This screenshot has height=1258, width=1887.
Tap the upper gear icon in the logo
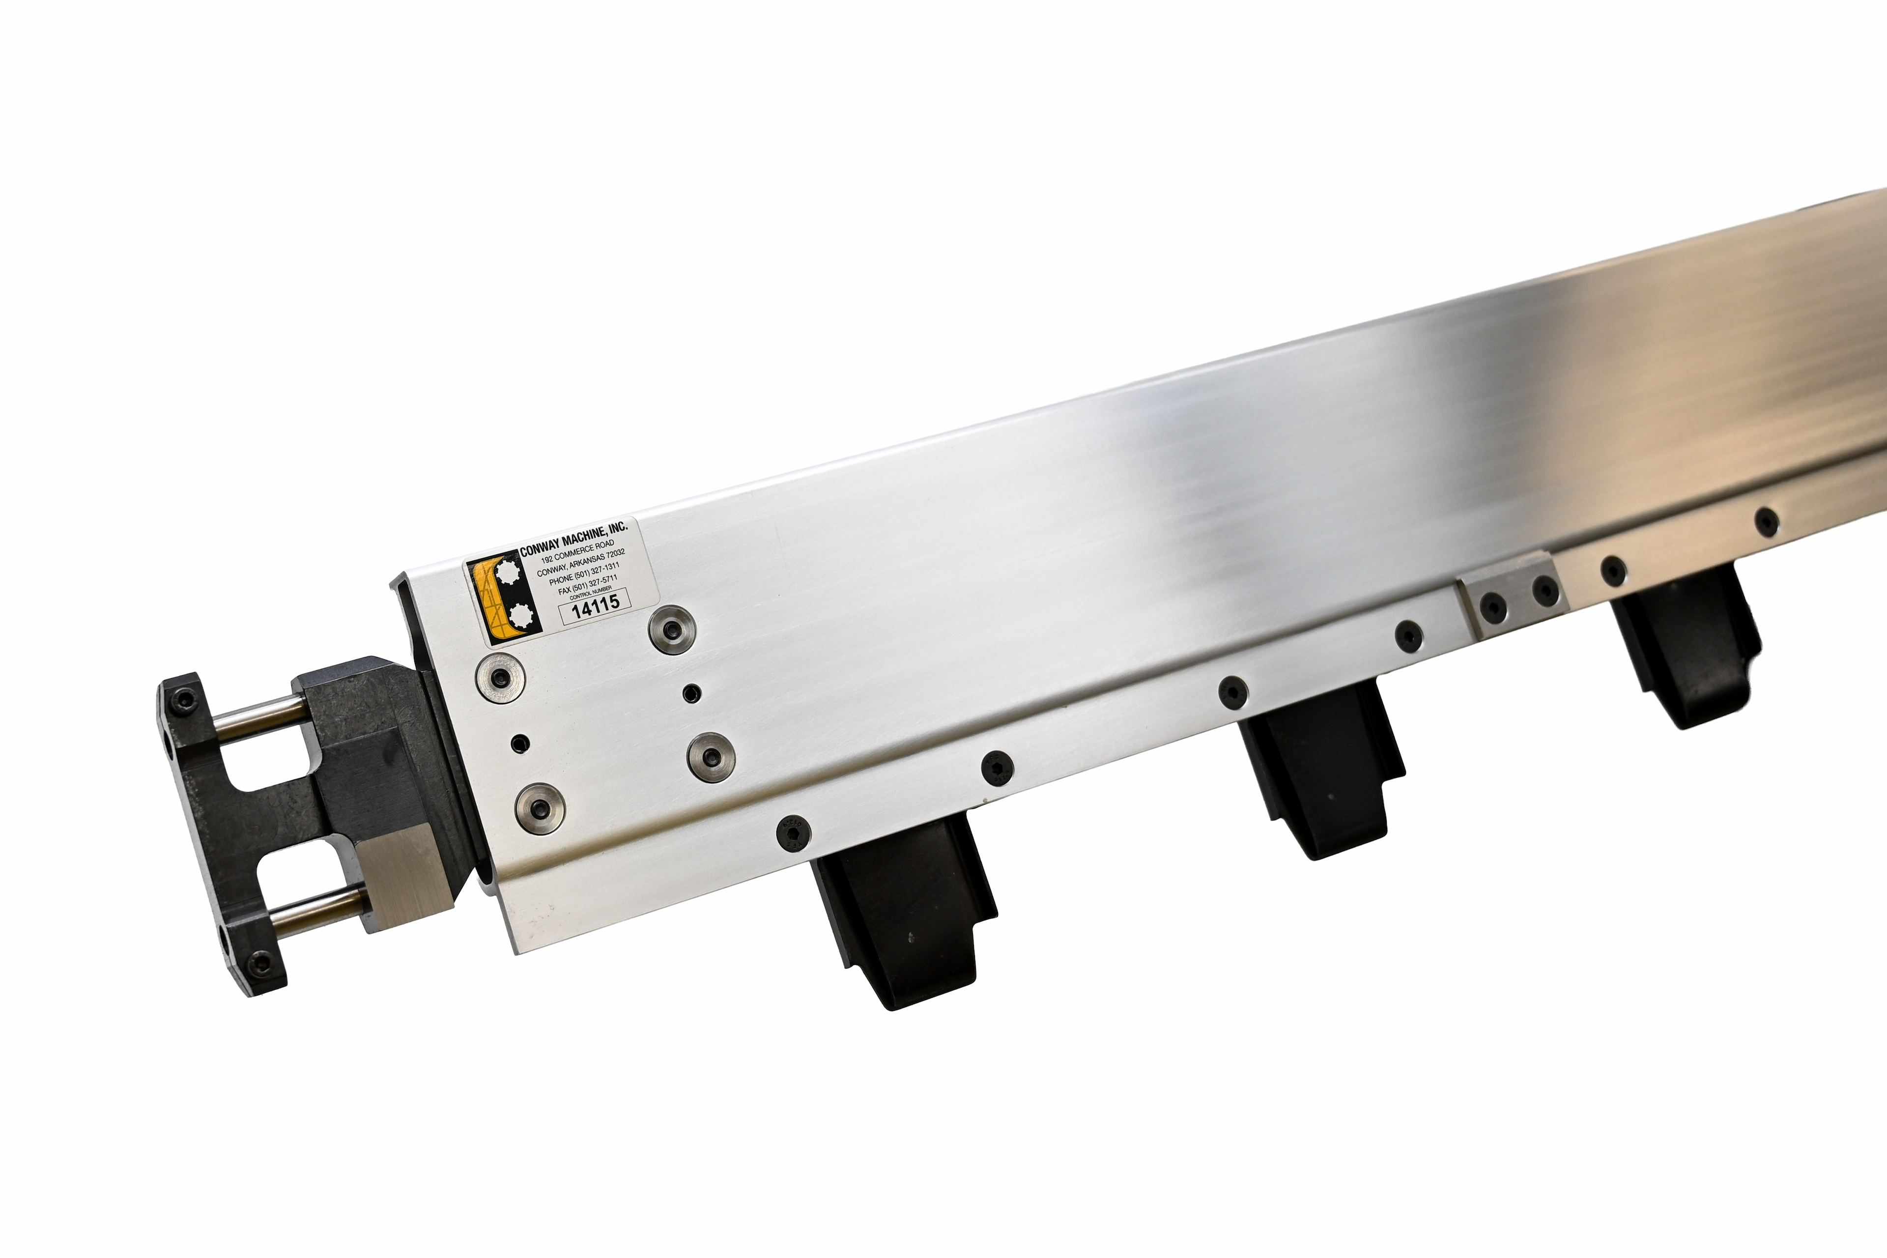coord(507,576)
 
